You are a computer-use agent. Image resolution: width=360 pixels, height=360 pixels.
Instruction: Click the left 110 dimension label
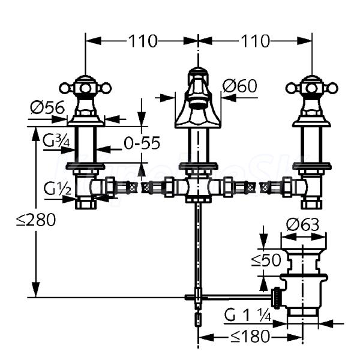coord(143,41)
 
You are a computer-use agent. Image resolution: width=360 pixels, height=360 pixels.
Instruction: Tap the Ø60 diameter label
coord(239,86)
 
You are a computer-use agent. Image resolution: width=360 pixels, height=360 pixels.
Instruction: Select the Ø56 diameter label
coord(47,107)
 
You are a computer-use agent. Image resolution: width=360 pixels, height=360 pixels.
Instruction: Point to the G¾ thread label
coord(56,141)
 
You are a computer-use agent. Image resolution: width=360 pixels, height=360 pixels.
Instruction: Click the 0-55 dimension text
coord(142,143)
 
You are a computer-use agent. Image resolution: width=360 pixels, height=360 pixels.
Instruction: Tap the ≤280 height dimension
coord(36,220)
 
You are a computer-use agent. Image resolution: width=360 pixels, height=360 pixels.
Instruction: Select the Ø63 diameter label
coord(302,224)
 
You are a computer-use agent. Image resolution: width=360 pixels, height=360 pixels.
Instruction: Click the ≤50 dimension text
coord(266,260)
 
